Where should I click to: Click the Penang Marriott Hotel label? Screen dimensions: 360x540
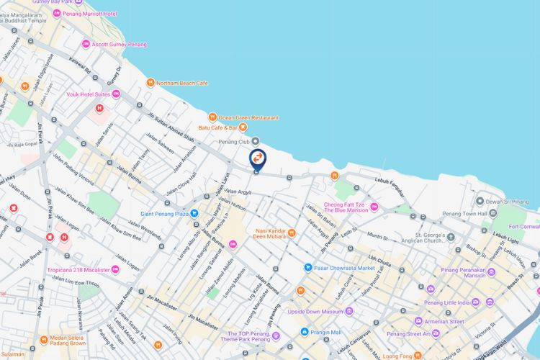(x=91, y=13)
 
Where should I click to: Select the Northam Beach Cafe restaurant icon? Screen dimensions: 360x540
(x=150, y=83)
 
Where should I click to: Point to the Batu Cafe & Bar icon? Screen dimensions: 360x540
(x=243, y=128)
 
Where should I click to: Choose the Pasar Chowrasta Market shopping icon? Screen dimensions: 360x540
(x=307, y=268)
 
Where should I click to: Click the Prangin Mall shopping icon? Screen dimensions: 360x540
(x=305, y=332)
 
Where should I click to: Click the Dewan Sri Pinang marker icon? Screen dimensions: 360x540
(x=480, y=201)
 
